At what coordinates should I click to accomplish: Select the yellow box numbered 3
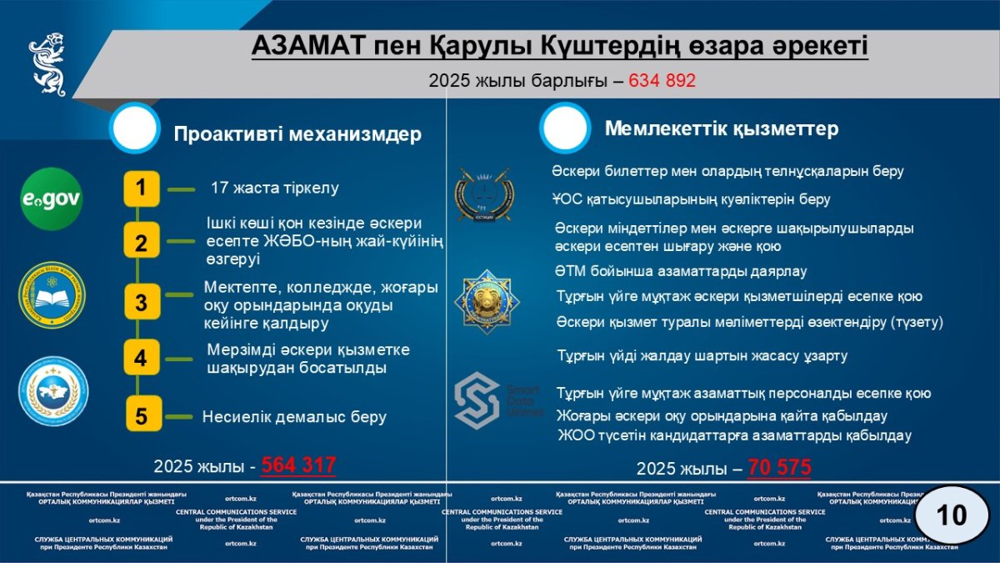pos(142,303)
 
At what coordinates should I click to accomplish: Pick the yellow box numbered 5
pos(142,415)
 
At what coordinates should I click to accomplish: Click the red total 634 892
pos(662,81)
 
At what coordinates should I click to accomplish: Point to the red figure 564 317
pos(298,465)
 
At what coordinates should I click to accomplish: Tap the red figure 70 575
pos(779,468)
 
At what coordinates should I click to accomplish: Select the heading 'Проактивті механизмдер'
pos(297,135)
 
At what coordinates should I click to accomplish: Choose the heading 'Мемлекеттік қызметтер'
pos(721,129)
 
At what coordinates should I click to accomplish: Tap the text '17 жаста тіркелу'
pos(274,189)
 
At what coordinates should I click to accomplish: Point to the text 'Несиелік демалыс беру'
pos(294,417)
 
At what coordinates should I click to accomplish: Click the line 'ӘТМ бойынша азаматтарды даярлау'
pos(680,271)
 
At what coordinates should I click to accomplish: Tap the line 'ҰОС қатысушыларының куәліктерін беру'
pos(691,200)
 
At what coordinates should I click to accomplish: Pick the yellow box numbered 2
pos(142,244)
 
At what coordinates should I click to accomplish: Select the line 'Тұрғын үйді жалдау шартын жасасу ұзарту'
pos(702,356)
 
